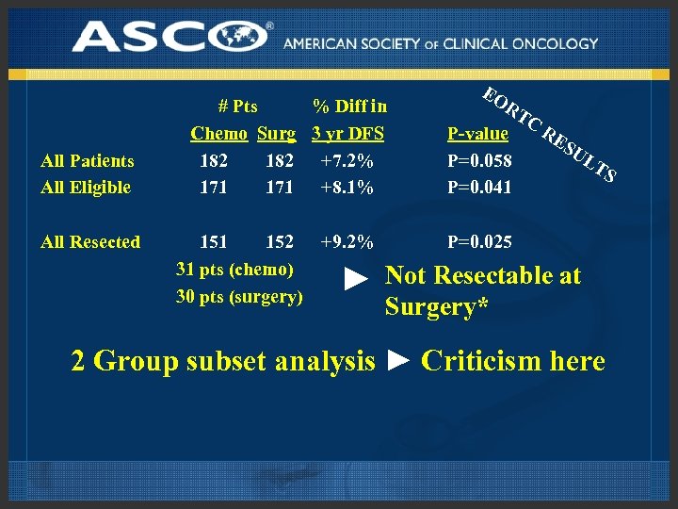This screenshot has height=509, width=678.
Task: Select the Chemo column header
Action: pyautogui.click(x=218, y=134)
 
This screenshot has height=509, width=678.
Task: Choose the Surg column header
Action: pyautogui.click(x=276, y=134)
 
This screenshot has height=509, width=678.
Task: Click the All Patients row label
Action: pyautogui.click(x=88, y=161)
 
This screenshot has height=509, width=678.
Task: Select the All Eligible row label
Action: pyautogui.click(x=86, y=188)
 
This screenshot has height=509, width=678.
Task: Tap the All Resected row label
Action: pyautogui.click(x=90, y=242)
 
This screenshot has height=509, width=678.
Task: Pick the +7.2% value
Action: pyautogui.click(x=347, y=161)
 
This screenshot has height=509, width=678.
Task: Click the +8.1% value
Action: pyautogui.click(x=347, y=188)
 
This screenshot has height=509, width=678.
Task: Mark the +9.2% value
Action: pyautogui.click(x=347, y=242)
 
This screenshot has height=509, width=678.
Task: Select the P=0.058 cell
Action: pyautogui.click(x=480, y=161)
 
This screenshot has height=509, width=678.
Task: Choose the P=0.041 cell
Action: pyautogui.click(x=480, y=188)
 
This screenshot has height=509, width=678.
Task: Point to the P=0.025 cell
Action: pyautogui.click(x=480, y=242)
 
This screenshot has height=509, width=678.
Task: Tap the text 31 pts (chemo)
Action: pyautogui.click(x=235, y=270)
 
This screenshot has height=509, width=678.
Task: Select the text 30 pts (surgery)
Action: pyautogui.click(x=239, y=297)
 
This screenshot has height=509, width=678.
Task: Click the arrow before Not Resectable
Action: pyautogui.click(x=354, y=279)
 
